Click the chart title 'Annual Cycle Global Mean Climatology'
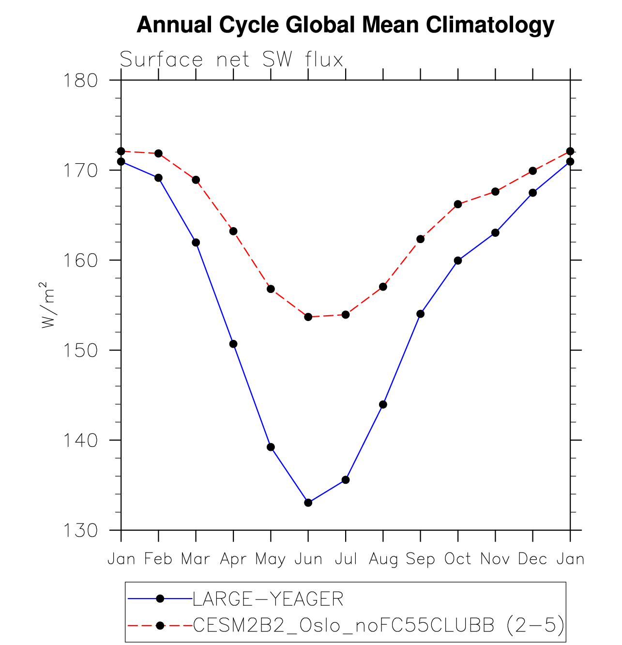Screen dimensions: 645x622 [x=345, y=25]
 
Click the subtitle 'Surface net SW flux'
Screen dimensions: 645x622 [x=231, y=60]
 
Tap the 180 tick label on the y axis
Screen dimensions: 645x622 [x=80, y=80]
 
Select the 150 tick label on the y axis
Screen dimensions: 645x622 [x=80, y=350]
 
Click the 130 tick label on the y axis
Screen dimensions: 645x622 [x=80, y=530]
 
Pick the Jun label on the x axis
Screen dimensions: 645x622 [x=308, y=559]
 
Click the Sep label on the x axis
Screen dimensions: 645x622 [x=420, y=559]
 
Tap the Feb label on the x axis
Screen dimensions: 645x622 [x=158, y=559]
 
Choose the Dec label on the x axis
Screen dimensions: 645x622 [x=532, y=559]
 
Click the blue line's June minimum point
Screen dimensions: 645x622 [x=308, y=503]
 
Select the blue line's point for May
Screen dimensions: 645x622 [x=271, y=447]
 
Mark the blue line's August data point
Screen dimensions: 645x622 [x=383, y=404]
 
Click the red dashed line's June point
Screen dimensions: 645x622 [x=308, y=317]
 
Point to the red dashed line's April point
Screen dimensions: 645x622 [x=233, y=231]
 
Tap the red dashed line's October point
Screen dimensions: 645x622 [x=458, y=204]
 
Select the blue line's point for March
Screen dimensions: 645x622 [x=196, y=242]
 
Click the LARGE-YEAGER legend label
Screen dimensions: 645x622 [x=268, y=599]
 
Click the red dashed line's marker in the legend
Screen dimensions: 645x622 [x=160, y=626]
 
